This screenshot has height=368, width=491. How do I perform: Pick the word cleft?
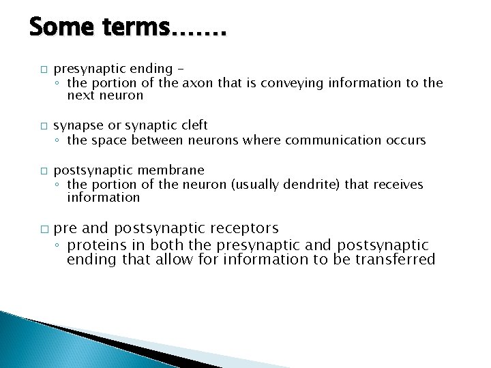click(193, 125)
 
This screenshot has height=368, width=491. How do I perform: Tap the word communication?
click(331, 140)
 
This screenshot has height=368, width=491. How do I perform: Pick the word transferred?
click(395, 259)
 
